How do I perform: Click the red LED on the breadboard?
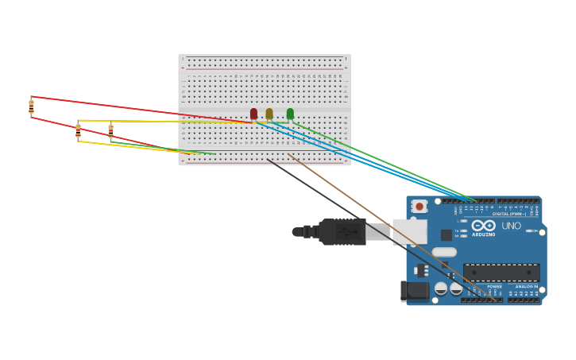(253, 114)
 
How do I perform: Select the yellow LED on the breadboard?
(269, 114)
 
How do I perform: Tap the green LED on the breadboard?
(290, 114)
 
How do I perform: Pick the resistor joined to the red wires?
(31, 106)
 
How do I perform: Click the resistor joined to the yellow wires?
(78, 130)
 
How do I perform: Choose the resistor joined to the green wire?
(110, 131)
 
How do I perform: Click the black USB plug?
(342, 231)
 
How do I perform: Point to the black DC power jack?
(415, 291)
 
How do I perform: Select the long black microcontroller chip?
(501, 273)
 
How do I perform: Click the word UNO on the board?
(512, 226)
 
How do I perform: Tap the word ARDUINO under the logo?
(483, 234)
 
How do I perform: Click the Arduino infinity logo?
(483, 225)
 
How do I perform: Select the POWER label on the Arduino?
(494, 286)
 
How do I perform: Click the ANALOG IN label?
(526, 286)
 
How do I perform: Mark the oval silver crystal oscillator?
(444, 252)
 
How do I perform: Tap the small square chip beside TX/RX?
(446, 234)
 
